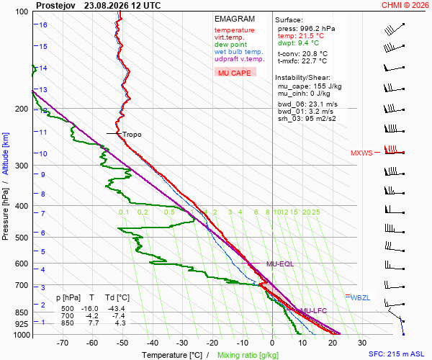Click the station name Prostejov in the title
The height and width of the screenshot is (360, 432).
[55, 6]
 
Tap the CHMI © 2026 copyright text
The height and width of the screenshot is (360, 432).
[405, 5]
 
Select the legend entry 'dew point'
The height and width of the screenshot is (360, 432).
[230, 45]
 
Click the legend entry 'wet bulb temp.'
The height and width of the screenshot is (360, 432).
[239, 52]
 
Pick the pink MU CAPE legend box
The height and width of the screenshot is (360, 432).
[235, 72]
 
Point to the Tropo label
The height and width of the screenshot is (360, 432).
[132, 135]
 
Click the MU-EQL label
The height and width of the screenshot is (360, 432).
[280, 264]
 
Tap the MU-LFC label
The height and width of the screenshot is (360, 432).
[313, 311]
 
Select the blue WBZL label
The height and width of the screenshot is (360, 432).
[361, 298]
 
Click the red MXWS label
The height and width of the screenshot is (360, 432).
[361, 153]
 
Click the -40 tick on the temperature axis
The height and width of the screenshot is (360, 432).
[153, 343]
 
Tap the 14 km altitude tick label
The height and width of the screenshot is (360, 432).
[42, 68]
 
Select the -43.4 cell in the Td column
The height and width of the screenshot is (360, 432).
[117, 308]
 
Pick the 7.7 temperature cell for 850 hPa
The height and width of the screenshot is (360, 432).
[93, 323]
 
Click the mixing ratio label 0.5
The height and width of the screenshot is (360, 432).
[169, 212]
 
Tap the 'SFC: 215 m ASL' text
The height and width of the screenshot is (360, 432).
[397, 354]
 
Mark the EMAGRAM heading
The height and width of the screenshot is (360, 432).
[235, 19]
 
